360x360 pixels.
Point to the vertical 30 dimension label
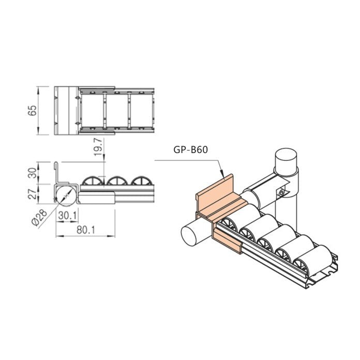(x=32, y=173)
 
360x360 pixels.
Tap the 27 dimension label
(x=32, y=193)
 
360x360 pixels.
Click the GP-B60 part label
(x=190, y=151)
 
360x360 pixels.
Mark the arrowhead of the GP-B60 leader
(x=222, y=176)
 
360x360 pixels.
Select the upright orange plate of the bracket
(x=213, y=196)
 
